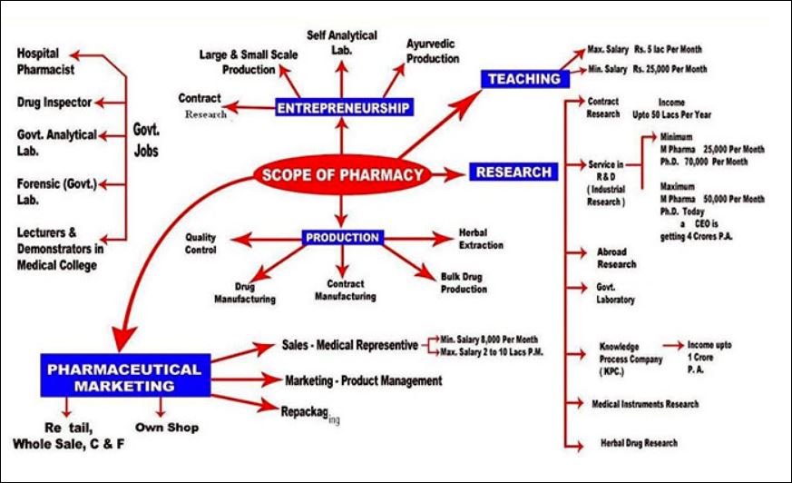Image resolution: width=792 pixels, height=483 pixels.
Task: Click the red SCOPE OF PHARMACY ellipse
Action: (342, 173)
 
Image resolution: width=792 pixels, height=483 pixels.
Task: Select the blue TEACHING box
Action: (523, 79)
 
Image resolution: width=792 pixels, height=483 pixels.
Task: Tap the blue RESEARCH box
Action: (512, 172)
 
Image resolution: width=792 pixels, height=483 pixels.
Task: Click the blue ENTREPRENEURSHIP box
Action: (343, 109)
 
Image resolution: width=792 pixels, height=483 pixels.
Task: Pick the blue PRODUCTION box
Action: (342, 238)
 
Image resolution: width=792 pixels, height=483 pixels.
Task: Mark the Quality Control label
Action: (201, 242)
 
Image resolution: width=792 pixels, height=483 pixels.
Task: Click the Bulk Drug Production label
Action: (464, 282)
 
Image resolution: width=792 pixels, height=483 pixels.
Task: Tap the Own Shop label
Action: (166, 427)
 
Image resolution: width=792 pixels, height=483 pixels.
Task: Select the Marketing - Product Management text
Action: (363, 380)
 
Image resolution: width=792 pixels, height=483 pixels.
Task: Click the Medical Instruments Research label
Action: (645, 402)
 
